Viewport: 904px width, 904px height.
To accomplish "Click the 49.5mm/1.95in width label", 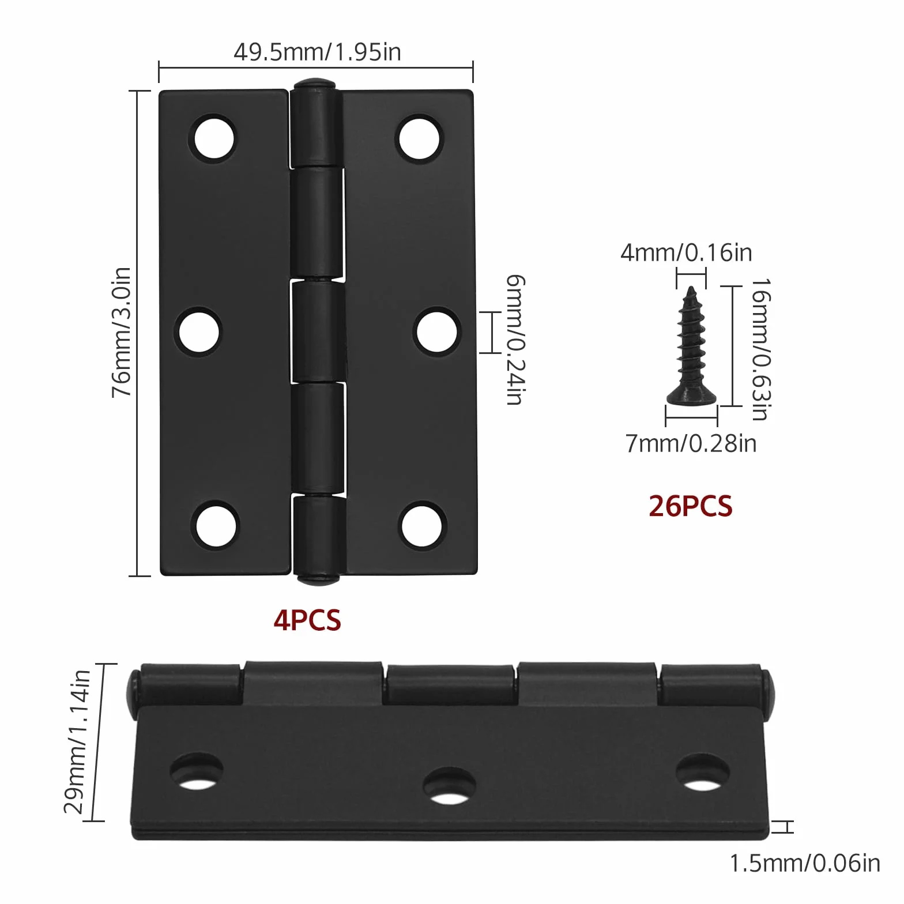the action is [317, 52].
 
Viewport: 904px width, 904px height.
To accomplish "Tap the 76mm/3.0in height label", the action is [122, 332].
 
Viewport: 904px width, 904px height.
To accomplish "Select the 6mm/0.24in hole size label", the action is [515, 340].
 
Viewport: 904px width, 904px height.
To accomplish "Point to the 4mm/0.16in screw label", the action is [686, 253].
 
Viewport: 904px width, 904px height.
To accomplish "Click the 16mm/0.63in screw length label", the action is [761, 349].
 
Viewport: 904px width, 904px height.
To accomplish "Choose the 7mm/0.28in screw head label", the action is [691, 443].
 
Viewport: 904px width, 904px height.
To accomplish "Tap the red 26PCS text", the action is [690, 506].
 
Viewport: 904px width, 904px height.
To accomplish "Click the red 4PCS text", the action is [307, 620].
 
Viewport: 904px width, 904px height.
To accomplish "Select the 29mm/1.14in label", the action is [77, 741].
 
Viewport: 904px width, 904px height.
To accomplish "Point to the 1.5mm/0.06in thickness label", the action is [805, 863].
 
